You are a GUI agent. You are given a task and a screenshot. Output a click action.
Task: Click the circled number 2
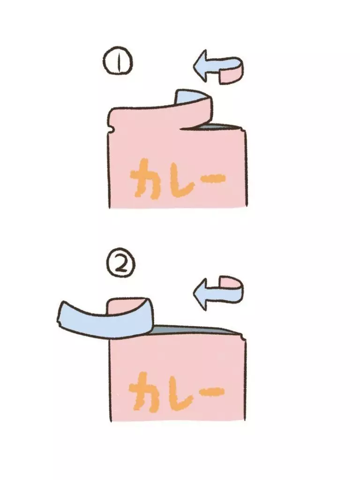(x=121, y=265)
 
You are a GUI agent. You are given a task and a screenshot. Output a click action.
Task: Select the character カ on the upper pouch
(x=145, y=179)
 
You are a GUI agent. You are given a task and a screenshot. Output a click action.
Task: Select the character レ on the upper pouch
(x=180, y=180)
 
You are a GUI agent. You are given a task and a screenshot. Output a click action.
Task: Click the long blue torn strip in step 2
(x=104, y=318)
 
